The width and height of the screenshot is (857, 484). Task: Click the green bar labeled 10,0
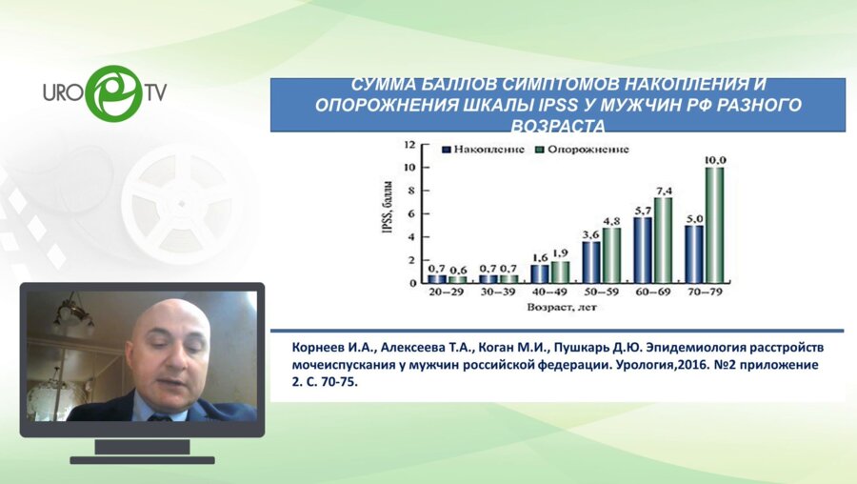[x=714, y=225]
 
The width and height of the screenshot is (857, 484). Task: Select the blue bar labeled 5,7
[x=643, y=250]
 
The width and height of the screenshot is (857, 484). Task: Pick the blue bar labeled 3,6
[x=591, y=262]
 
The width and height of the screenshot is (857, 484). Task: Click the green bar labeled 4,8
[x=611, y=254]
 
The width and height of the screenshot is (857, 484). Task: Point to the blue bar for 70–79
[x=694, y=253]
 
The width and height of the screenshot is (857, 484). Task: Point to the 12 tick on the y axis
[x=409, y=145]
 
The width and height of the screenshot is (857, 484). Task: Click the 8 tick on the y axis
[x=410, y=191]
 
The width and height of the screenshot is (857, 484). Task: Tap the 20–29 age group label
[x=447, y=292]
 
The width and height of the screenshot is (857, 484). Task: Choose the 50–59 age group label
[x=600, y=292]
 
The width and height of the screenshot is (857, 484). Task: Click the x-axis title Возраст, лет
[x=562, y=308]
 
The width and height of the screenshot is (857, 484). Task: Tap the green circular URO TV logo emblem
[x=112, y=92]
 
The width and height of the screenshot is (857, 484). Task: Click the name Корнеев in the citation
[x=322, y=349]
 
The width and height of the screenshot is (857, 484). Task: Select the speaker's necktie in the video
[x=155, y=417]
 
